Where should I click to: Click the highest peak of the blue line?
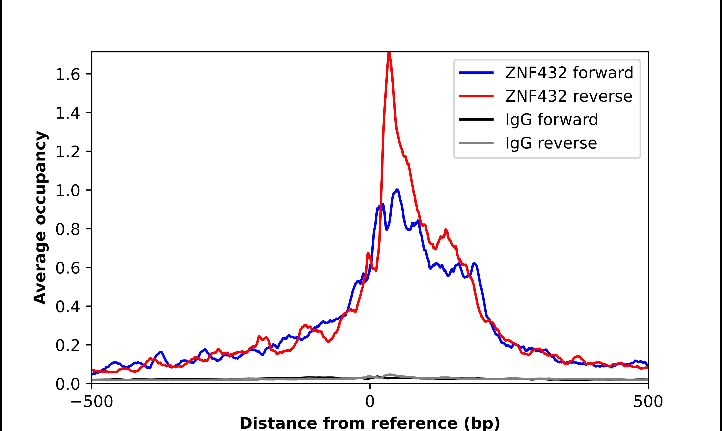coord(397,190)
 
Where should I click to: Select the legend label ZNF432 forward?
coord(569,73)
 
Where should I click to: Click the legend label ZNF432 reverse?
coord(568,96)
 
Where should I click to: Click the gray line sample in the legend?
coord(476,143)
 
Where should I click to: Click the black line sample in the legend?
coord(476,119)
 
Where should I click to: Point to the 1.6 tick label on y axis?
coord(67,75)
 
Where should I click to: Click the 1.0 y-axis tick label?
coord(67,191)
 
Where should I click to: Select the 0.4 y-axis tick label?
coord(67,307)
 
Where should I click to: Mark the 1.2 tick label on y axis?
coord(67,152)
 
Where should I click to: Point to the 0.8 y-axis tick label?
coord(67,230)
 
